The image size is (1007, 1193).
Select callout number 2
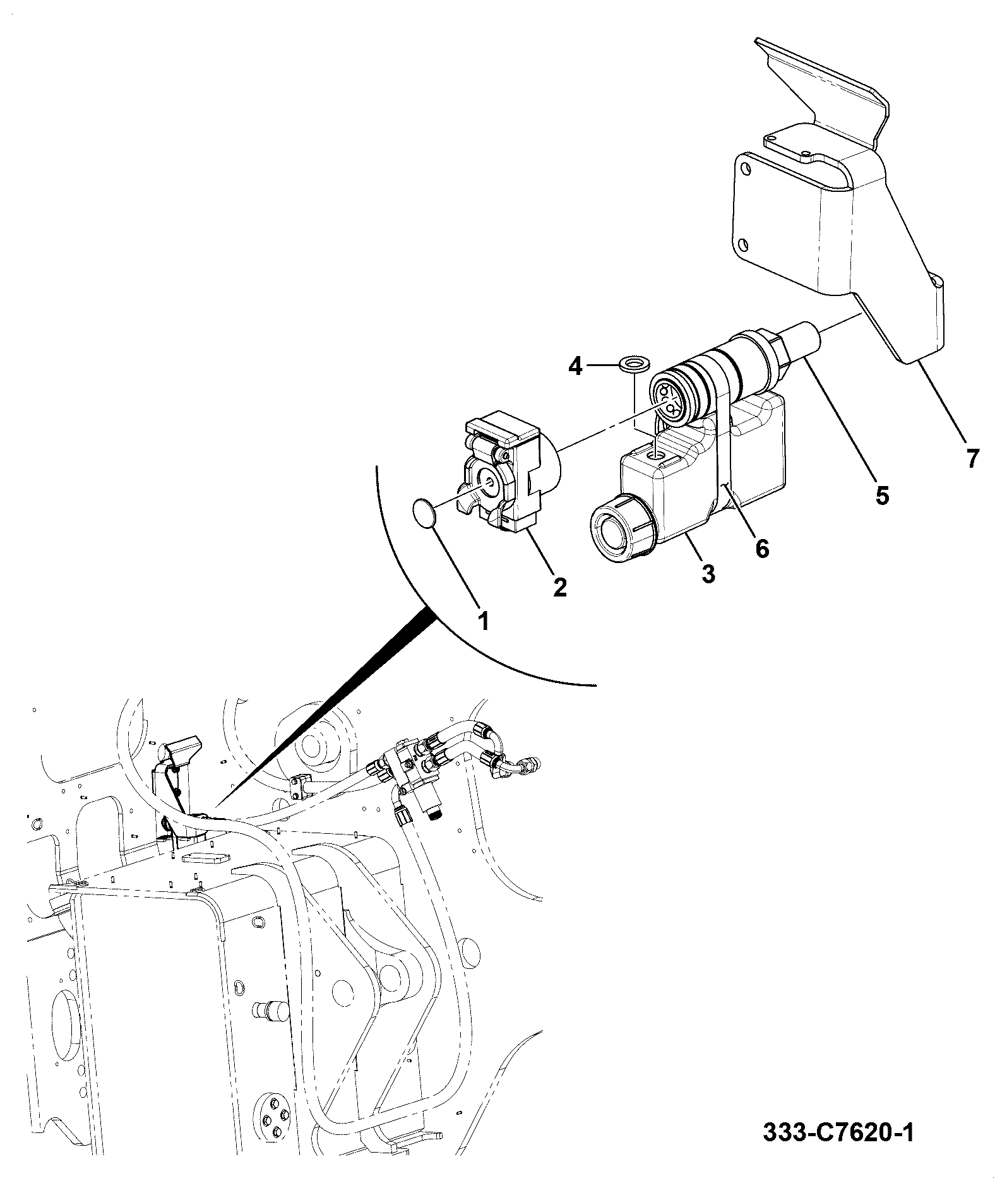click(559, 587)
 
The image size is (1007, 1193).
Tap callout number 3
click(708, 574)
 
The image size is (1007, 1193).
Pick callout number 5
click(882, 494)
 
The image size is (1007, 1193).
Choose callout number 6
click(762, 548)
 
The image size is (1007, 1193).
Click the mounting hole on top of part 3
click(659, 454)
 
